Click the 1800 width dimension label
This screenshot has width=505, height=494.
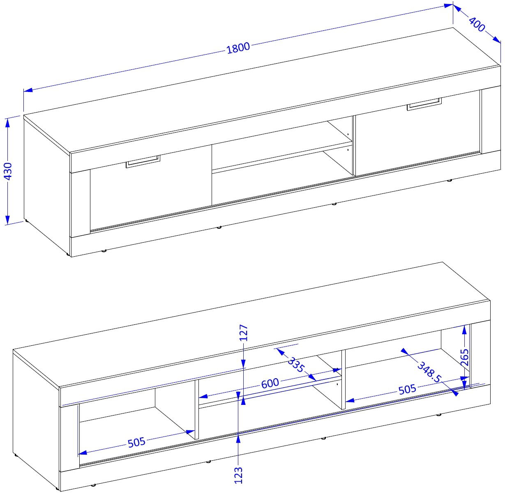238,48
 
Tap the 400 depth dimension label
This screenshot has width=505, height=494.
477,24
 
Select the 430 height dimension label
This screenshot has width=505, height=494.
8,171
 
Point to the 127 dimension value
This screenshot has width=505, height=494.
244,333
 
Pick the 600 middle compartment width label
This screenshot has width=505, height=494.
270,383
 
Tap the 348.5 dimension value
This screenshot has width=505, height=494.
429,372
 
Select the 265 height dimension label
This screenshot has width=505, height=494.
464,357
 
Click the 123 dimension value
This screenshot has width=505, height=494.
238,475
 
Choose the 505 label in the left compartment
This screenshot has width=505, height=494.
136,442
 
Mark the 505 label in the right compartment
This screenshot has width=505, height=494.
407,389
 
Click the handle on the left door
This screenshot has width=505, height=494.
143,161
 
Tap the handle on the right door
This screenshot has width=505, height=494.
424,104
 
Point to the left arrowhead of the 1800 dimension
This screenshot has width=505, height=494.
28,90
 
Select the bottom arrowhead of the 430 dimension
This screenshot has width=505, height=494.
8,220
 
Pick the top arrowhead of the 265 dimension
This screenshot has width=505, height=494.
464,330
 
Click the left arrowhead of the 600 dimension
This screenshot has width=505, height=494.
203,396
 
